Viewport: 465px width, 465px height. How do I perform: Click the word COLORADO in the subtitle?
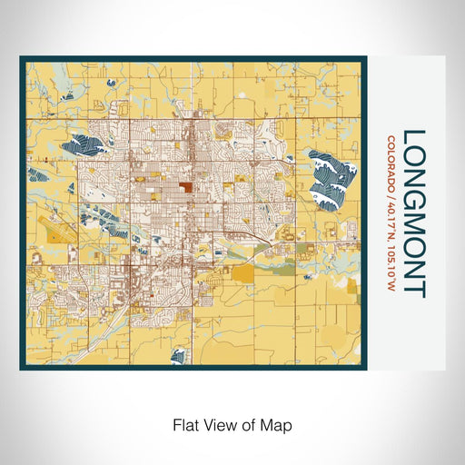(391, 160)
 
